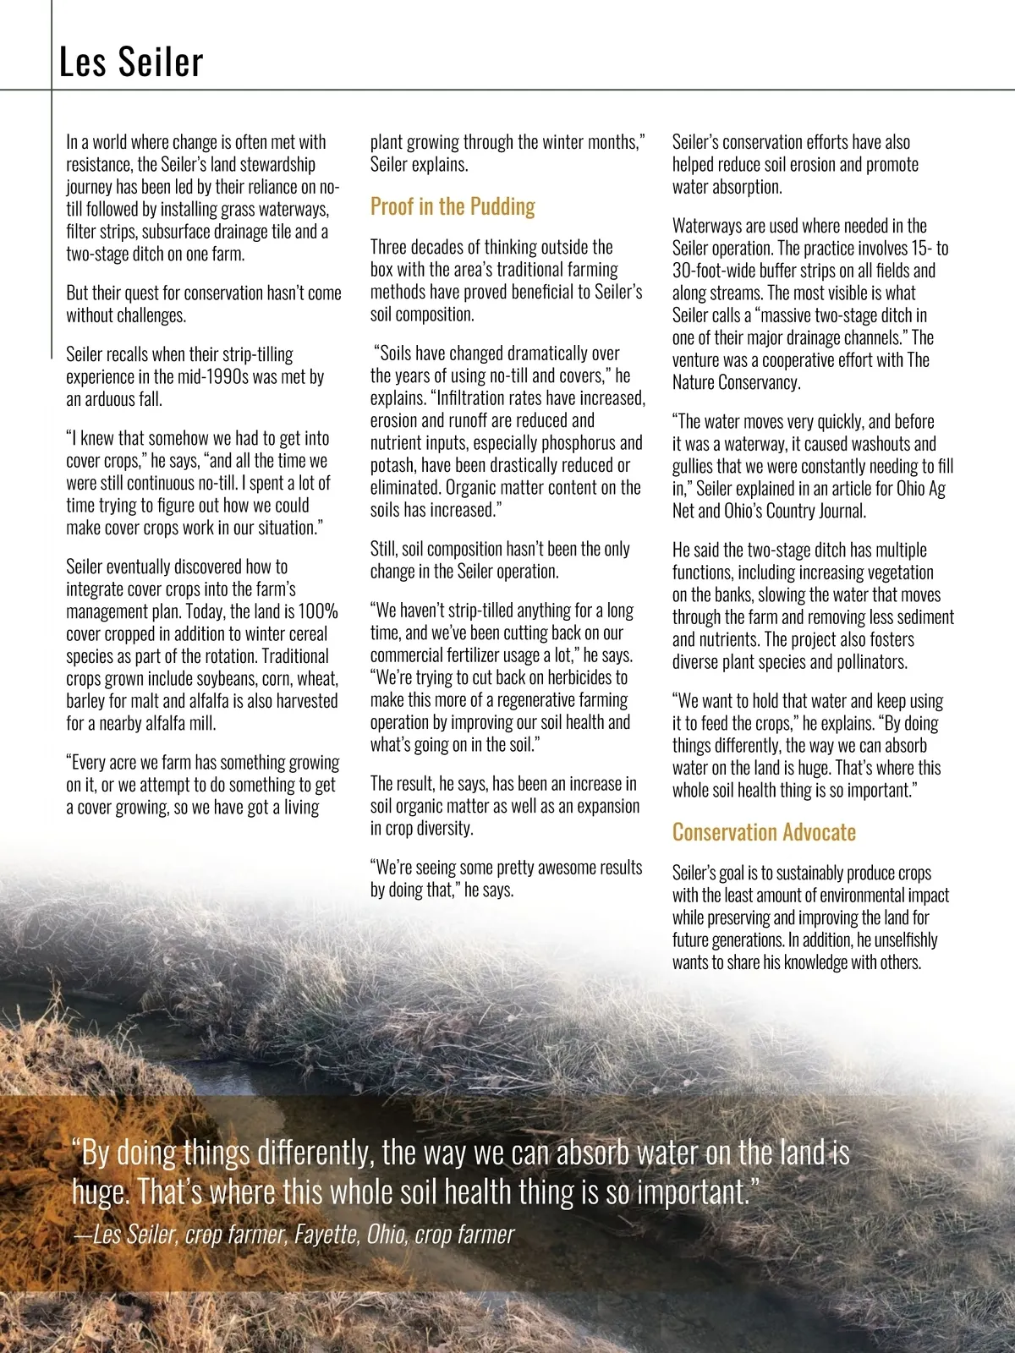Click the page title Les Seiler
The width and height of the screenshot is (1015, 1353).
point(131,63)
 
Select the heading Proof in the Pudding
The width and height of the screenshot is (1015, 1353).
point(453,206)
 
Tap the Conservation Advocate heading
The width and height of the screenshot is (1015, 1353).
point(764,832)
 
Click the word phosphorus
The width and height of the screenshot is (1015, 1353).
point(572,443)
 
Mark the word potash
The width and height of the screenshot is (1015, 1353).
point(392,465)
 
